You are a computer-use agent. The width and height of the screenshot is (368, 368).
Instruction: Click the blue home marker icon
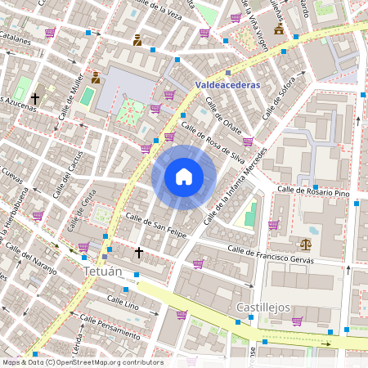coord(184,177)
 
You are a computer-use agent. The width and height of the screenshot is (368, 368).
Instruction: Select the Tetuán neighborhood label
coord(103,271)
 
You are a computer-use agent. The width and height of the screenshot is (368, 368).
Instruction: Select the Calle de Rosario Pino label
coord(313,191)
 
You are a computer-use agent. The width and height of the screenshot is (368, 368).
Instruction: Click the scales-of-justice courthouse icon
coord(306,244)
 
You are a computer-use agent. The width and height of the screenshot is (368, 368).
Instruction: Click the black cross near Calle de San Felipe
coord(139,252)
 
